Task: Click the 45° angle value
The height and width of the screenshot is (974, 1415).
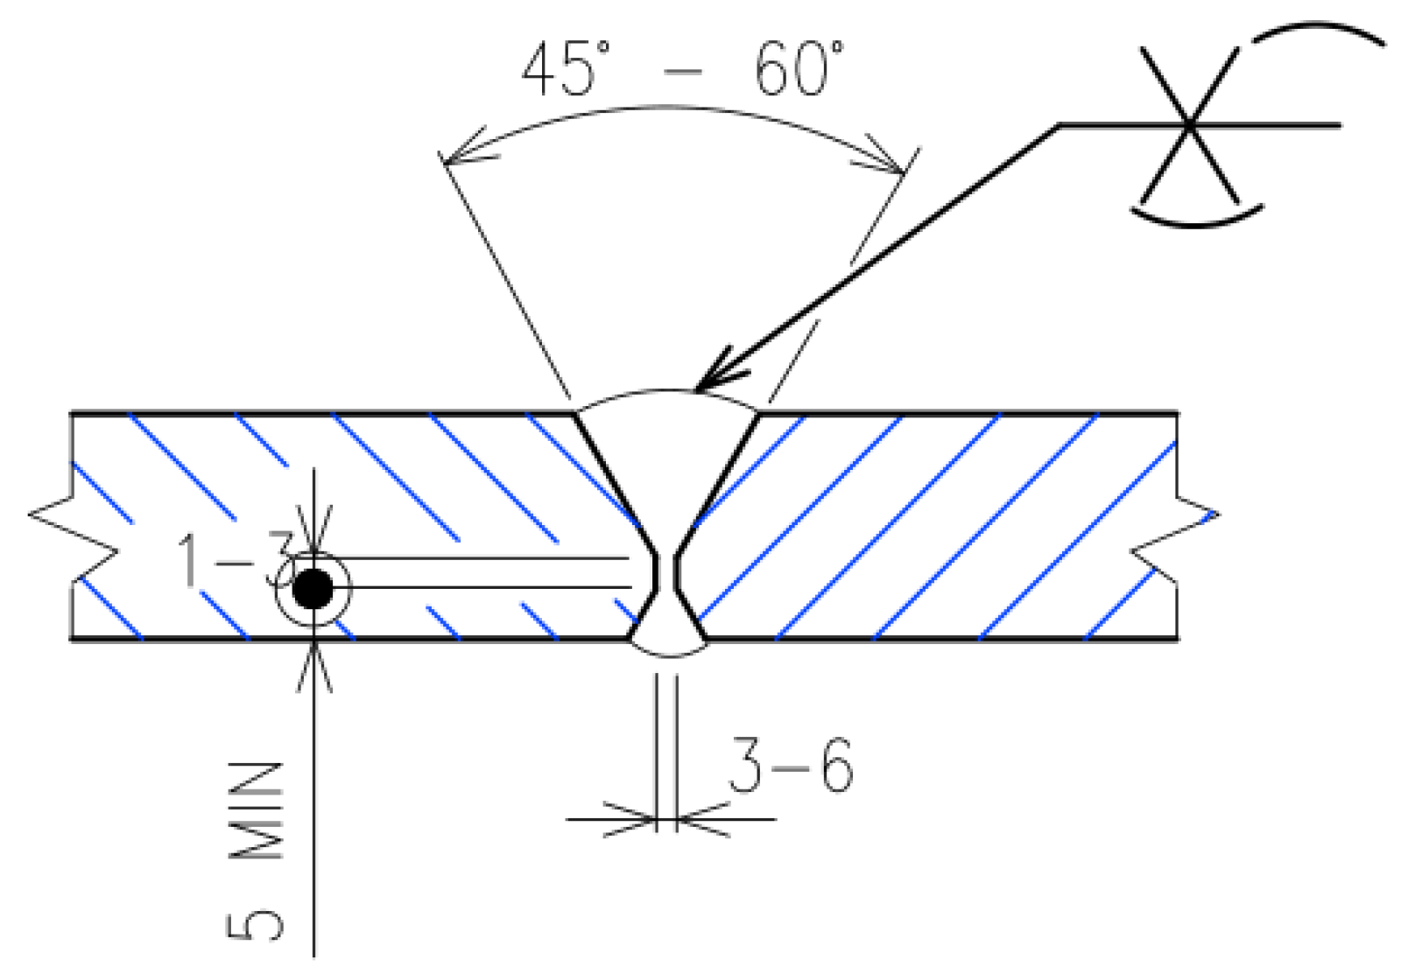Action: click(x=566, y=69)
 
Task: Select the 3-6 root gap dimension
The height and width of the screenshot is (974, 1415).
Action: click(x=791, y=766)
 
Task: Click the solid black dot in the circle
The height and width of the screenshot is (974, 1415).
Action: click(x=313, y=589)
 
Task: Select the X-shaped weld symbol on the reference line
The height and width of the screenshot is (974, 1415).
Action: click(x=1189, y=126)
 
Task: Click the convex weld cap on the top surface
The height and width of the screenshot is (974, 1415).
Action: click(x=667, y=399)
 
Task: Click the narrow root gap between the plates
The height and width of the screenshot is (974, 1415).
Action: click(x=665, y=572)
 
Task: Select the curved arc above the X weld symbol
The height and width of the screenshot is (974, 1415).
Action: click(x=1318, y=32)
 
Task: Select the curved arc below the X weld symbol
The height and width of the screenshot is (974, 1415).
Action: click(x=1198, y=220)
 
